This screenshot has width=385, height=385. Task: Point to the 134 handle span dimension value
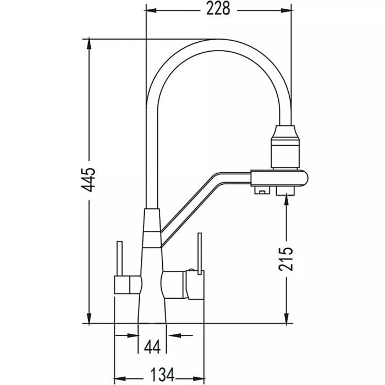pyautogui.click(x=161, y=374)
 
